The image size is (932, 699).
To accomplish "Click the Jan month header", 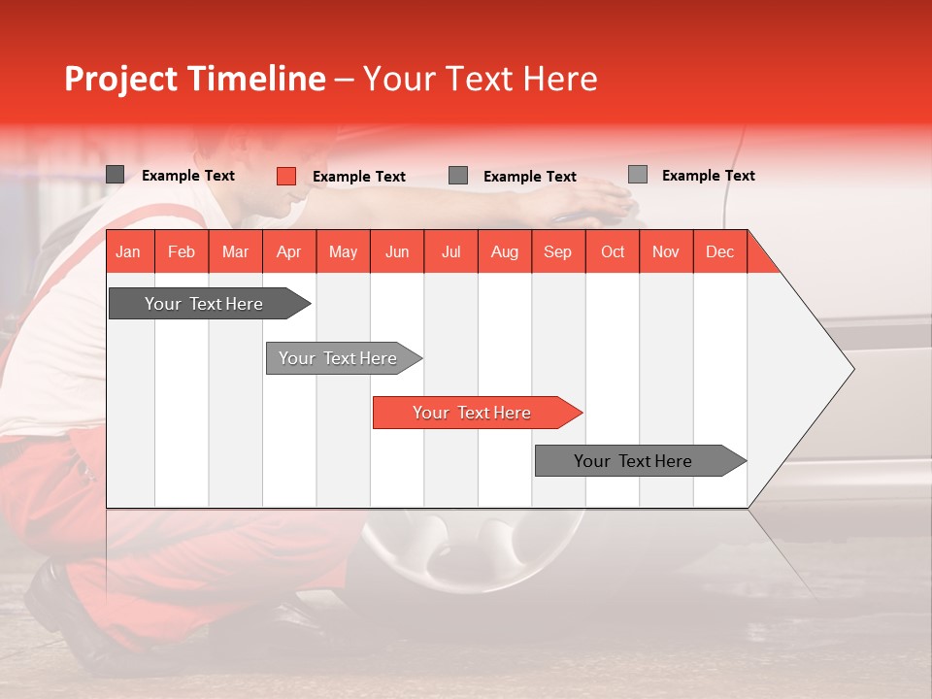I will click(128, 251).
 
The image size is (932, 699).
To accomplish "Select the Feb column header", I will click(182, 251).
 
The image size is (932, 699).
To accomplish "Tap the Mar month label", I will click(235, 251).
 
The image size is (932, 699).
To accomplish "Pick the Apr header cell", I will click(289, 251).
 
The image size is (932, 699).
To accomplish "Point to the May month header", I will click(343, 251).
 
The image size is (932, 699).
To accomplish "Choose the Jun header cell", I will click(397, 251).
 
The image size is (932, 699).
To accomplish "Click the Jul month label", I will click(450, 251).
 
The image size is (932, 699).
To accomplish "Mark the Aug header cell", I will click(505, 251).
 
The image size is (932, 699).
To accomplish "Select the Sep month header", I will click(558, 251).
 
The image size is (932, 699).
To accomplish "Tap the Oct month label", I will click(613, 251).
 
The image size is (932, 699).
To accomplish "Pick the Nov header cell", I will click(666, 251).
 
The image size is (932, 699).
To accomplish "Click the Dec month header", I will click(720, 251).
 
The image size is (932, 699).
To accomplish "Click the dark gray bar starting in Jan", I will click(205, 304).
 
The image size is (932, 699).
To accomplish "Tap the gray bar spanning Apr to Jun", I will click(339, 358).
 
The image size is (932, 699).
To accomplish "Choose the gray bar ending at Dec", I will click(635, 461).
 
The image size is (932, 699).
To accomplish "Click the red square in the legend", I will click(285, 176).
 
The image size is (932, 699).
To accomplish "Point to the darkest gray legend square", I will click(115, 175).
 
